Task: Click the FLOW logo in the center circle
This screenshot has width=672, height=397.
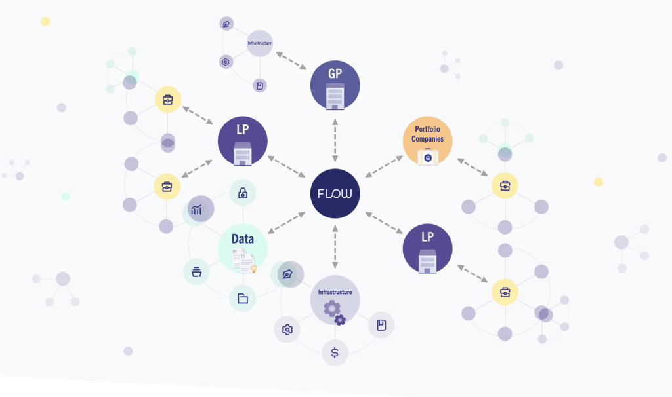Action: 335,194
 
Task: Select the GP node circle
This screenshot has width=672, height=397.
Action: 335,86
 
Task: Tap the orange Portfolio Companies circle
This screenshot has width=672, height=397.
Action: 428,140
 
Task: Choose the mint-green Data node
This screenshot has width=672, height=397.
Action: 242,248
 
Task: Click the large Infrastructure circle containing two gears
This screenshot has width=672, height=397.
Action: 335,300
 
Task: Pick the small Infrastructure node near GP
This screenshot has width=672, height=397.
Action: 259,43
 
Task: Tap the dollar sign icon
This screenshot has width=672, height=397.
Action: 335,352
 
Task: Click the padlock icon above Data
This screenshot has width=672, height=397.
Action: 242,193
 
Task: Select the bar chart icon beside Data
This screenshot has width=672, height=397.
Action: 197,210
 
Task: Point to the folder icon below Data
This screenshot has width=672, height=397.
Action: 242,299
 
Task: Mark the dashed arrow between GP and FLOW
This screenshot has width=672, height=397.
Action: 335,140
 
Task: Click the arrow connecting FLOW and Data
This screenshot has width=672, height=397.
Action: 286,221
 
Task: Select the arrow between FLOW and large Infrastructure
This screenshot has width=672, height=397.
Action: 335,247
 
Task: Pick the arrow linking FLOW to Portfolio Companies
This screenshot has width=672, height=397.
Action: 384,166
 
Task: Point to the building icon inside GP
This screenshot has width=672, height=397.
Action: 335,96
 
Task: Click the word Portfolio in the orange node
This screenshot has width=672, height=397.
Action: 428,130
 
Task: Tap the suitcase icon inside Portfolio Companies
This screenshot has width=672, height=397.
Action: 428,157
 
